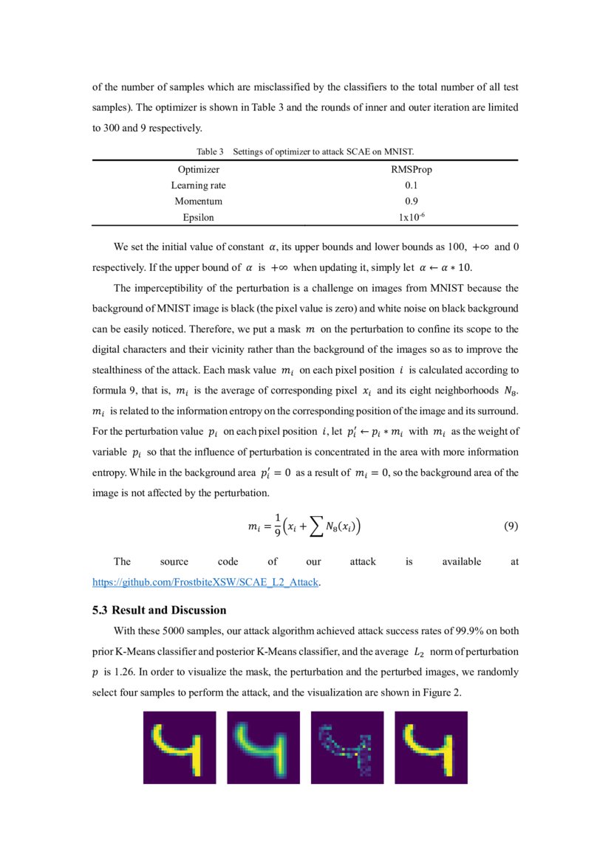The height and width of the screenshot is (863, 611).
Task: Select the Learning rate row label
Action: click(198, 185)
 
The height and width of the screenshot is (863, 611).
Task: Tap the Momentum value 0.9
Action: click(412, 201)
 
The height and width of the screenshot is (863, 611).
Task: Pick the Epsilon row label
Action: click(198, 217)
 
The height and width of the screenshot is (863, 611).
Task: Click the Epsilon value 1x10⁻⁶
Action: click(412, 217)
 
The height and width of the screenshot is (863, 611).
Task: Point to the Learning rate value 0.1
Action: click(412, 185)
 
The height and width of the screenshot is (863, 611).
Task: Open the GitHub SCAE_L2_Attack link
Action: click(205, 582)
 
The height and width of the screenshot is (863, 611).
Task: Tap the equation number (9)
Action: click(511, 526)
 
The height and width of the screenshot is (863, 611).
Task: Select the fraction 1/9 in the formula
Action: click(278, 527)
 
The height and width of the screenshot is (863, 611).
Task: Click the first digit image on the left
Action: click(180, 747)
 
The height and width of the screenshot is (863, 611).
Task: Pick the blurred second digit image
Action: click(263, 747)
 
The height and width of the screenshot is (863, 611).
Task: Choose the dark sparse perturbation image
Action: click(347, 747)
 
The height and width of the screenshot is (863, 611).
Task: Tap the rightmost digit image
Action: click(431, 747)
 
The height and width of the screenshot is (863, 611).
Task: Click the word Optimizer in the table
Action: click(198, 170)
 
